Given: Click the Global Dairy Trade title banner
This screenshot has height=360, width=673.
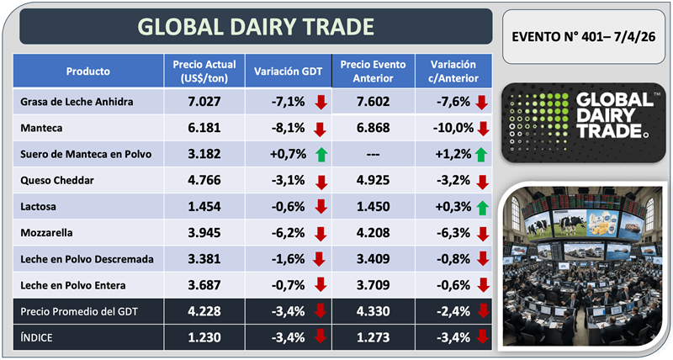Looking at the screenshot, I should [x=256, y=27].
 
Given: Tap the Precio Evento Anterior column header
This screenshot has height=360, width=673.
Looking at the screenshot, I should [x=371, y=71].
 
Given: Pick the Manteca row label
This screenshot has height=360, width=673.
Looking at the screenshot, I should [x=39, y=130].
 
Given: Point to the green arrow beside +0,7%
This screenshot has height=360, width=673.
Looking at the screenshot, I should [x=319, y=156].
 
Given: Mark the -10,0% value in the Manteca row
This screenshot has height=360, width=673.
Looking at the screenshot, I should [x=451, y=130].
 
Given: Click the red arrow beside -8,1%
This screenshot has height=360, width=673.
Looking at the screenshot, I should [x=319, y=130].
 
